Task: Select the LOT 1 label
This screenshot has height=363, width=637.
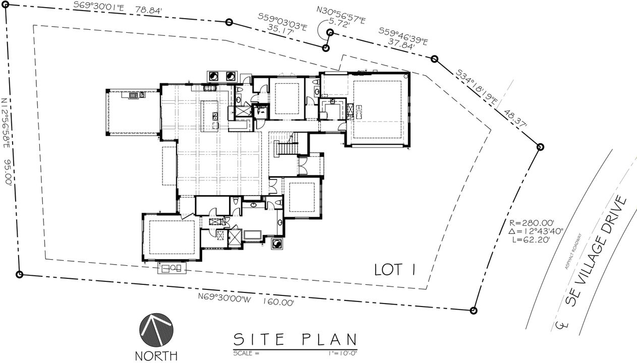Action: (x=394, y=270)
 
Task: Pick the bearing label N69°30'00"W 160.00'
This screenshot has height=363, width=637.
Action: (x=246, y=300)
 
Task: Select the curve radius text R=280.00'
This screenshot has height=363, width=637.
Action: (x=532, y=222)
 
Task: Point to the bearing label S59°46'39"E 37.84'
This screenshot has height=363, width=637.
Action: (x=403, y=38)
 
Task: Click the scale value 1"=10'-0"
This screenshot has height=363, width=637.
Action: (x=342, y=353)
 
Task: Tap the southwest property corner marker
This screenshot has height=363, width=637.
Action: (x=20, y=275)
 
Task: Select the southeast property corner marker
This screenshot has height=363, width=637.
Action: (x=473, y=310)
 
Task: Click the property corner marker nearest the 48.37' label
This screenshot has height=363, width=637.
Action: (x=540, y=147)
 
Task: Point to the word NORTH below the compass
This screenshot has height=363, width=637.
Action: (x=156, y=355)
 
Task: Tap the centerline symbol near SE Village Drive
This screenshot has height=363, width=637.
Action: (x=561, y=325)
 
